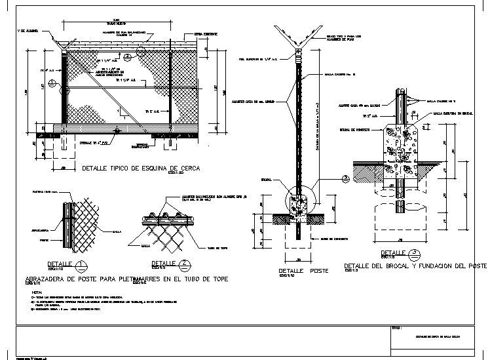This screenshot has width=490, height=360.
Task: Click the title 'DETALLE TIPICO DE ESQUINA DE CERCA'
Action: click(140, 169)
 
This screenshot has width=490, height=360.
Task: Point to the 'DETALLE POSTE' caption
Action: click(304, 270)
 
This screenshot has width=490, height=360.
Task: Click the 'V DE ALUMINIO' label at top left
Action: click(29, 30)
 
